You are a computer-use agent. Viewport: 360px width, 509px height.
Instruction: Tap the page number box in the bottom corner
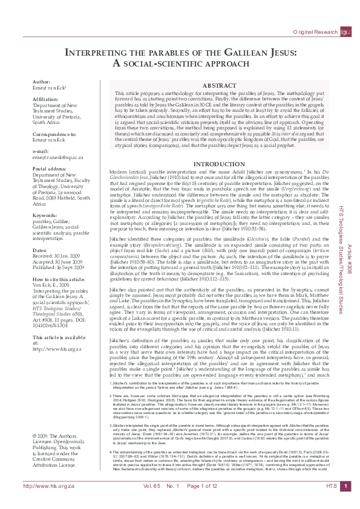click(x=344, y=502)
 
